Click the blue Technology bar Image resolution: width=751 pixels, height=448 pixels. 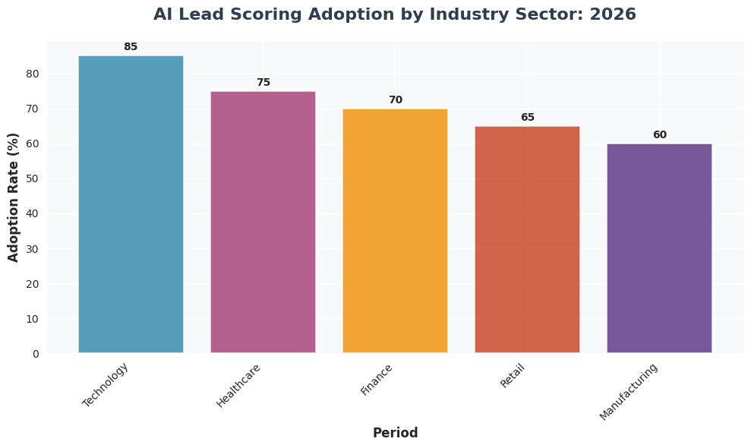coord(131,204)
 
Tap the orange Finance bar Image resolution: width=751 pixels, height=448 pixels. coord(395,231)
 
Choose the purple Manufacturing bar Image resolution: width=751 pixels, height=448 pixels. coord(659,248)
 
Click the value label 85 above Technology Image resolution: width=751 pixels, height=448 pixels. coord(131,47)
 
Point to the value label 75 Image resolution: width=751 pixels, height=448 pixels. coord(263,83)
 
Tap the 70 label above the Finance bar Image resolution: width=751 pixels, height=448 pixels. coord(396,100)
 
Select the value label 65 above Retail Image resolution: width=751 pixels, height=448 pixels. coord(528,118)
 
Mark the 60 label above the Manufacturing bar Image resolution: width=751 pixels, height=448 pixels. coord(660,135)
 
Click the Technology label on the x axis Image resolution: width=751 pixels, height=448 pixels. coord(106,385)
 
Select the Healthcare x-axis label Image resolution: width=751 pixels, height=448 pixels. coord(238,386)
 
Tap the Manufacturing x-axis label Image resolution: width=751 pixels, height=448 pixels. coord(628,391)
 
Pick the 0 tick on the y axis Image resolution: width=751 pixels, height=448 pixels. coord(36,354)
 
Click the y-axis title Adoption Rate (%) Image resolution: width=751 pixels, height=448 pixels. coord(14,197)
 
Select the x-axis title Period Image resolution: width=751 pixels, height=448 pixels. coord(395,434)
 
